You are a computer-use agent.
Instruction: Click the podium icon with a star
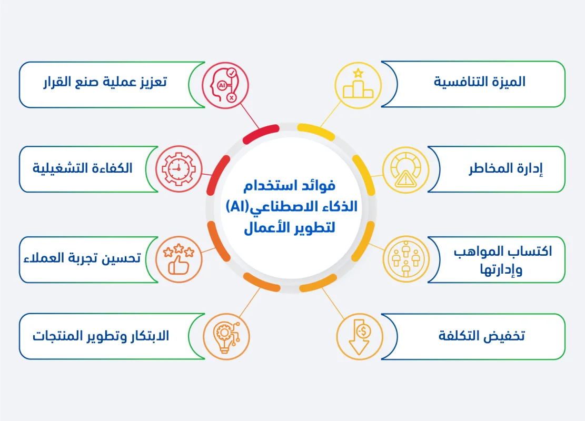pos(358,85)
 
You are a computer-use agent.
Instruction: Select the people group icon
pos(405,259)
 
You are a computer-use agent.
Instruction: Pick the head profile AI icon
pos(225,85)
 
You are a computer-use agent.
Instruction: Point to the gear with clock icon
pos(179,169)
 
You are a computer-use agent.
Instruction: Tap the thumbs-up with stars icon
pos(179,259)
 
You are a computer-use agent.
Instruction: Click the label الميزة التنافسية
pos(480,82)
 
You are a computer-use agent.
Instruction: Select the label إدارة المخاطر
pos(505,169)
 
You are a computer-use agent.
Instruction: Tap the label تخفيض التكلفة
pos(481,336)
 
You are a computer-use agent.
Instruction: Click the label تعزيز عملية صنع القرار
pos(105,83)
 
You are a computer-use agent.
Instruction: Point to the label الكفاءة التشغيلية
pos(83,168)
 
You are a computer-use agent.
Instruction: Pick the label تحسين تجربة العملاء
pos(82,258)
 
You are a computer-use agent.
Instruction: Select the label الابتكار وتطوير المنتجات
pos(101,336)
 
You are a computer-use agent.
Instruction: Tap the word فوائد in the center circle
pos(319,186)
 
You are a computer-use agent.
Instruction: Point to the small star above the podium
pos(358,72)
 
